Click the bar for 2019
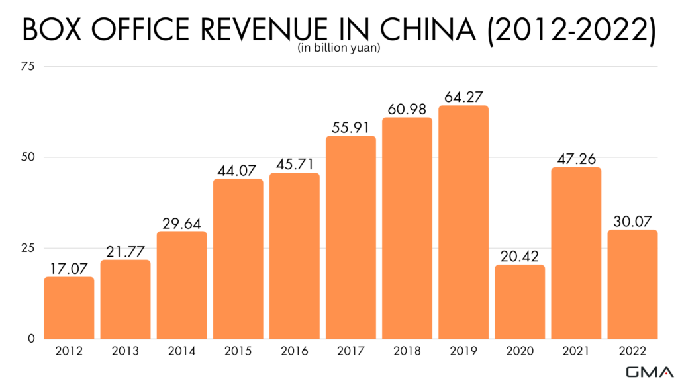[463, 222]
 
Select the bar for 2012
[69, 308]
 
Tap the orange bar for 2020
[520, 302]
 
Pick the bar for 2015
[238, 259]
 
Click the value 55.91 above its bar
[351, 127]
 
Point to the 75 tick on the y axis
[28, 66]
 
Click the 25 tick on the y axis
[28, 248]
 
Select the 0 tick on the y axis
[31, 339]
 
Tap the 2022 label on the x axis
[632, 351]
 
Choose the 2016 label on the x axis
[294, 351]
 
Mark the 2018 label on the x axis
[407, 351]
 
